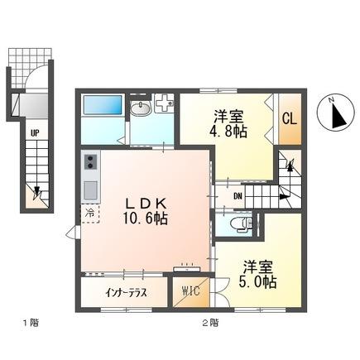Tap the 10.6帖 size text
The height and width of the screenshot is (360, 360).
146,219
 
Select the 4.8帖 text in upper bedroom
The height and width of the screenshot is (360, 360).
226,130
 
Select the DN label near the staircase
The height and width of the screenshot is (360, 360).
238,196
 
